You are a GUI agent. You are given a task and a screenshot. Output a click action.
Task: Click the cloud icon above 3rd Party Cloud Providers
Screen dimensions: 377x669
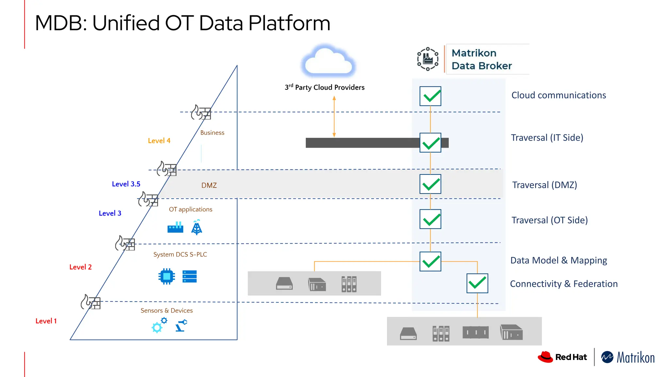pyautogui.click(x=328, y=62)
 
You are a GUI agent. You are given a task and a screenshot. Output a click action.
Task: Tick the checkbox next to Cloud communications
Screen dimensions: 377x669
pyautogui.click(x=430, y=96)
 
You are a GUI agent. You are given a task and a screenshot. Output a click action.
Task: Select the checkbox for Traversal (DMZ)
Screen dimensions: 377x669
pyautogui.click(x=430, y=184)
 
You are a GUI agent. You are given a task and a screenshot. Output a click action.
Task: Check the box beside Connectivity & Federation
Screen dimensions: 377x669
pyautogui.click(x=477, y=283)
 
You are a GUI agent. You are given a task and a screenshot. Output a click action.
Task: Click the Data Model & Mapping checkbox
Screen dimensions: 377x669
pyautogui.click(x=430, y=261)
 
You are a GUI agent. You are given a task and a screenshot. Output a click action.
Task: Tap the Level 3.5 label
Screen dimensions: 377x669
pyautogui.click(x=126, y=184)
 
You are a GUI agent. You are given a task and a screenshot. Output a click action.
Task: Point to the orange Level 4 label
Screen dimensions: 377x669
pyautogui.click(x=159, y=141)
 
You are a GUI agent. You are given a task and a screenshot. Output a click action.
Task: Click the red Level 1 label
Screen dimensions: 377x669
pyautogui.click(x=46, y=321)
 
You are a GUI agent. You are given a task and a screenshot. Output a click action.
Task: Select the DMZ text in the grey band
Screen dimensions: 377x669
pyautogui.click(x=209, y=185)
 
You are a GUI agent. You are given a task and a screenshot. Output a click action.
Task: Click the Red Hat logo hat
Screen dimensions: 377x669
pyautogui.click(x=545, y=357)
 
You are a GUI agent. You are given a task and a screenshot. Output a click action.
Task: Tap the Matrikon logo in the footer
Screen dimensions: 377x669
pyautogui.click(x=628, y=357)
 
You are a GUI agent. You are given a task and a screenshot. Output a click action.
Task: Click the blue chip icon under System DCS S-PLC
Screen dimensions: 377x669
pyautogui.click(x=167, y=277)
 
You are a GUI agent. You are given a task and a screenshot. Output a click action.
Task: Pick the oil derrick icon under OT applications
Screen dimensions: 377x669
pyautogui.click(x=197, y=227)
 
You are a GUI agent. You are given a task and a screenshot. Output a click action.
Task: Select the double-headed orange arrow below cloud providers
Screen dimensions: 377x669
pyautogui.click(x=334, y=117)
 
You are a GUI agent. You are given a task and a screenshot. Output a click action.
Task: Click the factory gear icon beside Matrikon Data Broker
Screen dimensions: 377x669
pyautogui.click(x=428, y=59)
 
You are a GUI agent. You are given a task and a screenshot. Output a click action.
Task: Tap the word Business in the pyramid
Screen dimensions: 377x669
pyautogui.click(x=212, y=133)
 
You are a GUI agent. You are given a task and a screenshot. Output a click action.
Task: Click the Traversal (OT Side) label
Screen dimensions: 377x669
pyautogui.click(x=549, y=220)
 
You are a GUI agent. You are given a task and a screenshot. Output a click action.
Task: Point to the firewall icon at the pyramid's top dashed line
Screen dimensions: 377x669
pyautogui.click(x=201, y=113)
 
